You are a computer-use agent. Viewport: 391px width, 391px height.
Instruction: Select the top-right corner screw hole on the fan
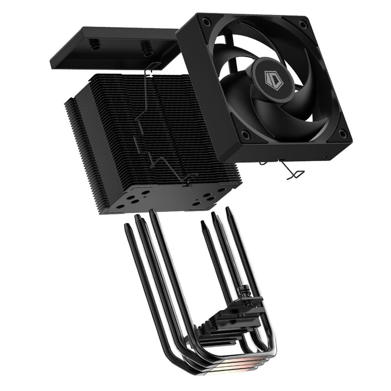(x=304, y=23)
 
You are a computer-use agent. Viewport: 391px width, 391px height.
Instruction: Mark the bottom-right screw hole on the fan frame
(x=343, y=133)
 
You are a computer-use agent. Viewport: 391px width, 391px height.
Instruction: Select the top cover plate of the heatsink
(x=112, y=49)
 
